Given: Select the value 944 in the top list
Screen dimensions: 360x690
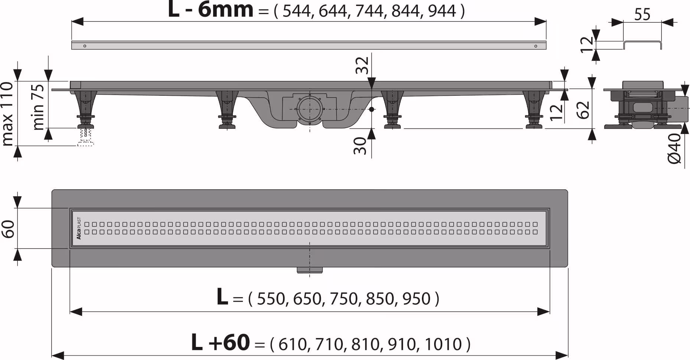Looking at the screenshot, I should tap(442, 11).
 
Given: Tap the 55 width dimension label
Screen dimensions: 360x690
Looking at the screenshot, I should tap(642, 15).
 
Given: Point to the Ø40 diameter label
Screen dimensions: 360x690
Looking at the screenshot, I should tap(674, 148).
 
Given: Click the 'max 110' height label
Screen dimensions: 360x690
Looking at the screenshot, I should tap(7, 114).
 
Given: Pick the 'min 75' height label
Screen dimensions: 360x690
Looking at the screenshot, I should tap(38, 107).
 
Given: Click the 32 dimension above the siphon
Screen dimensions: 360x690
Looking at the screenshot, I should tap(362, 65).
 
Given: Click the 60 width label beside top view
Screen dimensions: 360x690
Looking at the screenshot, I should tap(8, 229).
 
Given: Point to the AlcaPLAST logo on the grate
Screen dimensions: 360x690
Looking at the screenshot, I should tap(79, 228).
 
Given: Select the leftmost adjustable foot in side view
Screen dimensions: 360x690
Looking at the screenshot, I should tap(85, 109).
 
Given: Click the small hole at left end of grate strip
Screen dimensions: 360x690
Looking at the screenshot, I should tap(85, 46).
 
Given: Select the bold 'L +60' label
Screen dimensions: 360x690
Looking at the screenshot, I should tap(220, 343).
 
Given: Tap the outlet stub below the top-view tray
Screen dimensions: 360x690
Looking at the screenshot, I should tap(309, 270).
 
